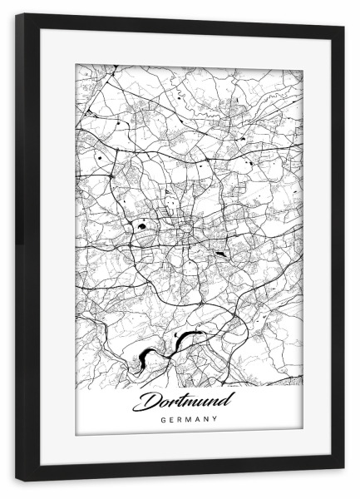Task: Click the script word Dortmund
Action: pos(188,402)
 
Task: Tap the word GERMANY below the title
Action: pos(189,419)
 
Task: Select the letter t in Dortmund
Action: pos(178,402)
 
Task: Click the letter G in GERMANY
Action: pos(162,419)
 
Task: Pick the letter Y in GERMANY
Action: pos(215,419)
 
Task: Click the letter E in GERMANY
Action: pos(170,419)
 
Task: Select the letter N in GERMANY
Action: pos(207,419)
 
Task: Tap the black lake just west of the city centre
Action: pos(143,224)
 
